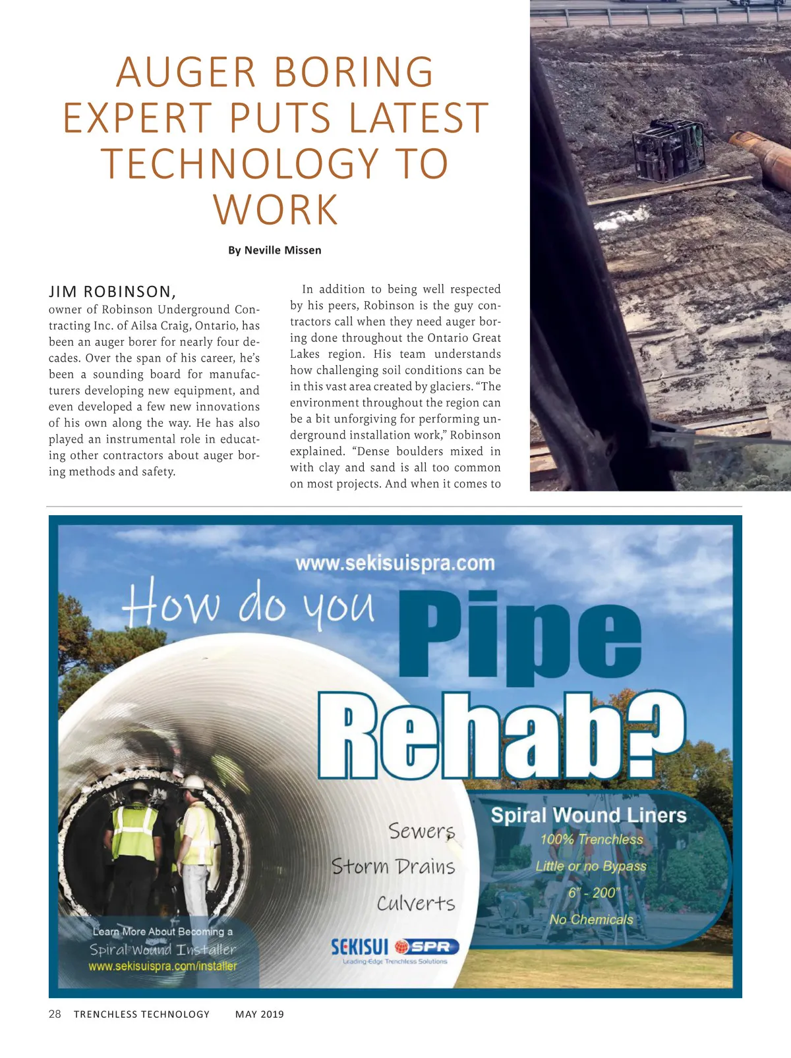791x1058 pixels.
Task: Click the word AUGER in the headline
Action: point(186,72)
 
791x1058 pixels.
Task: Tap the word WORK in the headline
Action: point(276,210)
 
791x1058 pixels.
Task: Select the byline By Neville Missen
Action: point(275,250)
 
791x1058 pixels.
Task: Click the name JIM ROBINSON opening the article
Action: point(112,292)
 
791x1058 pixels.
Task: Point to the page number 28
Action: point(55,1014)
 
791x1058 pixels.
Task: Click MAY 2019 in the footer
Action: point(260,1014)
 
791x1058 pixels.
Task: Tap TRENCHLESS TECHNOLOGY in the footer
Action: point(142,1014)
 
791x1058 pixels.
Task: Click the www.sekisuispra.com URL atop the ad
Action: point(395,563)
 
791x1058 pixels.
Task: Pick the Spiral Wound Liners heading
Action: point(589,815)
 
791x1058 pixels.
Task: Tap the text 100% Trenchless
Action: point(591,839)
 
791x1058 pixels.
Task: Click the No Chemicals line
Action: point(591,919)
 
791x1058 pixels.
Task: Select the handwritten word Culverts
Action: point(416,903)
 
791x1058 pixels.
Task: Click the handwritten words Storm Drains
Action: point(394,866)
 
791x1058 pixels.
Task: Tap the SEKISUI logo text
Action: point(359,947)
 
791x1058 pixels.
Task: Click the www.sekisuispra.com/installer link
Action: point(163,966)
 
